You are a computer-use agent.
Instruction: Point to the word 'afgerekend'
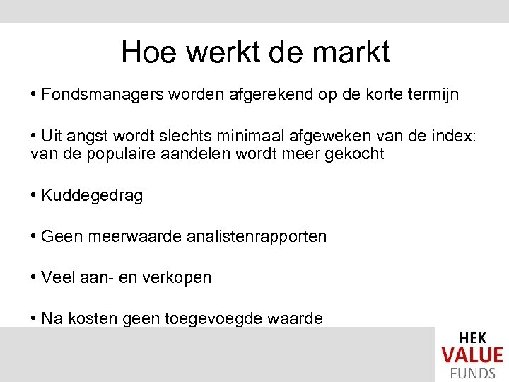click(264, 94)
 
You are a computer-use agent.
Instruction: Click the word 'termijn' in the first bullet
click(431, 94)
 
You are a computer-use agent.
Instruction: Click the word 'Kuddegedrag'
click(92, 196)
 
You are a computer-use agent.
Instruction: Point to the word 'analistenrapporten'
click(257, 236)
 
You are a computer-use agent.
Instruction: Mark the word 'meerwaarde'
click(135, 236)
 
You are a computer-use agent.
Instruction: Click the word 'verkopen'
click(180, 277)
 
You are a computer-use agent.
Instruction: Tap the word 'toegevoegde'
click(204, 319)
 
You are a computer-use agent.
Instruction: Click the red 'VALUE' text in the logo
click(472, 354)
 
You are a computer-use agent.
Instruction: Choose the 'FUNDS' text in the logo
click(472, 371)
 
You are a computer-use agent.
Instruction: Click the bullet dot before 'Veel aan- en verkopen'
click(35, 277)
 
